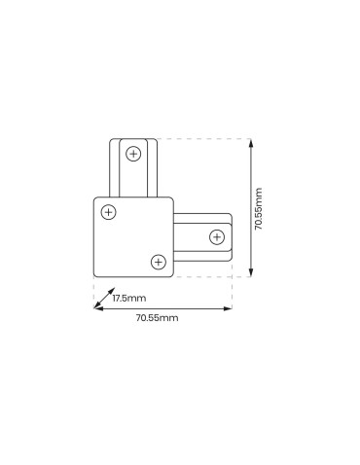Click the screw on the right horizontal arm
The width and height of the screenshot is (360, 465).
[216, 235]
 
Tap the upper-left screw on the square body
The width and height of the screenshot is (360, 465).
[108, 211]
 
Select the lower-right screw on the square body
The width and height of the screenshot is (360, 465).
[156, 261]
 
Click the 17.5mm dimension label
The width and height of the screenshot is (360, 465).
[127, 298]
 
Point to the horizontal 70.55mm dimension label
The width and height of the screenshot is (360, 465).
[156, 318]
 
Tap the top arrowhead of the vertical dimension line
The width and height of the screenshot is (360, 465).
[252, 142]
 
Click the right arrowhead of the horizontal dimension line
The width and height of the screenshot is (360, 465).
[230, 308]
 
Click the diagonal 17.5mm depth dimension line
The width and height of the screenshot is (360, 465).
[105, 300]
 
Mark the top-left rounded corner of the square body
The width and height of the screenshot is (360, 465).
[96, 199]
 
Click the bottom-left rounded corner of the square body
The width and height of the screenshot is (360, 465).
[96, 271]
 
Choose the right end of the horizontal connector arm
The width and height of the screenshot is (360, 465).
[232, 236]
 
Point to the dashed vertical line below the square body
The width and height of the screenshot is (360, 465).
[93, 290]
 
